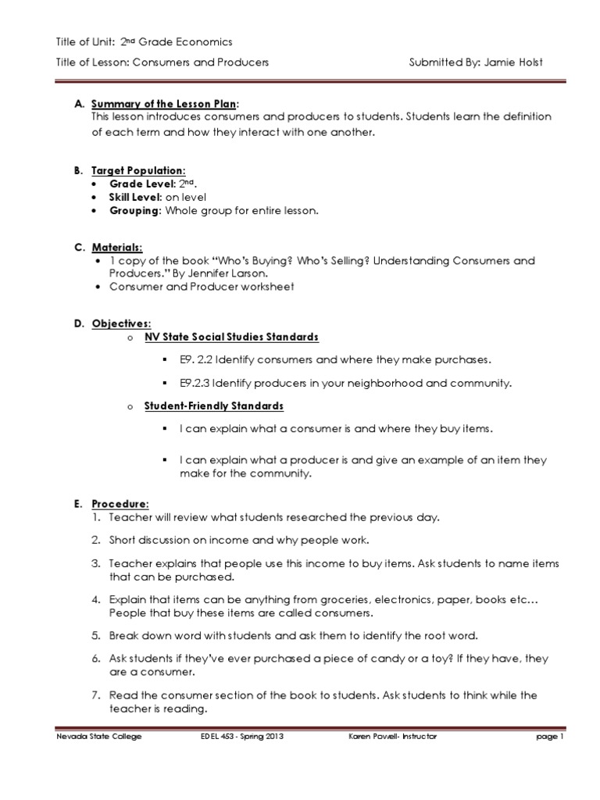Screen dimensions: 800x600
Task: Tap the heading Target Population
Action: (x=138, y=170)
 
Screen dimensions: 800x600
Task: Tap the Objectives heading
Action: (x=121, y=323)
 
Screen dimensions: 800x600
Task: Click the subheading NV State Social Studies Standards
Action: (x=231, y=337)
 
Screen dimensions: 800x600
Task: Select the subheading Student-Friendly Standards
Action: (x=213, y=406)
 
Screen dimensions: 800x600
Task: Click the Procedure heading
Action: (x=120, y=504)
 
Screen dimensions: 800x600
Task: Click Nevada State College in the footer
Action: (x=98, y=737)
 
